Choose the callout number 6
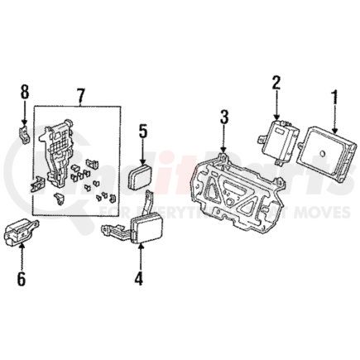tap(21, 277)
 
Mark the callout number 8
tap(24, 89)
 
